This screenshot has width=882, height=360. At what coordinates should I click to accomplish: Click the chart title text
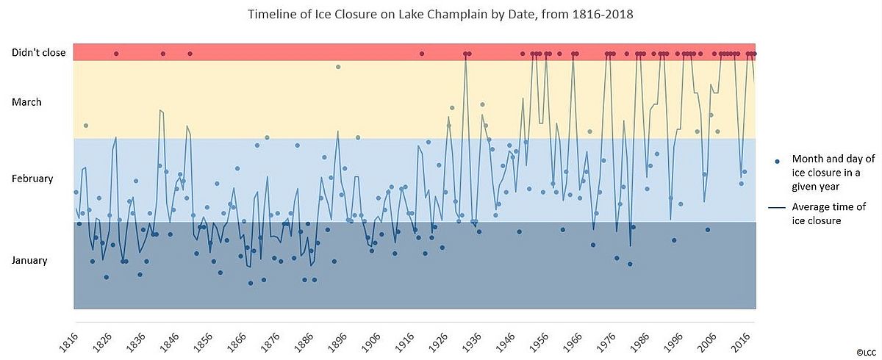point(441,14)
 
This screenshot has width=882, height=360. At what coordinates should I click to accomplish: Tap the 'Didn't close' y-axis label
point(38,53)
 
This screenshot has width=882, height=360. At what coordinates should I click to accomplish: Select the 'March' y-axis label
point(26,102)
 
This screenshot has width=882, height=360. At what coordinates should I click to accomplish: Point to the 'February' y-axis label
point(32,179)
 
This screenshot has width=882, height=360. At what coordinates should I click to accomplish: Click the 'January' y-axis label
point(29,260)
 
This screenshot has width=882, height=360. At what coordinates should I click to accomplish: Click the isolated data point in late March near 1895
point(338,67)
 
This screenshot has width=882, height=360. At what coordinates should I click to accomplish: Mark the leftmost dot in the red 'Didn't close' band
point(116,54)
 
